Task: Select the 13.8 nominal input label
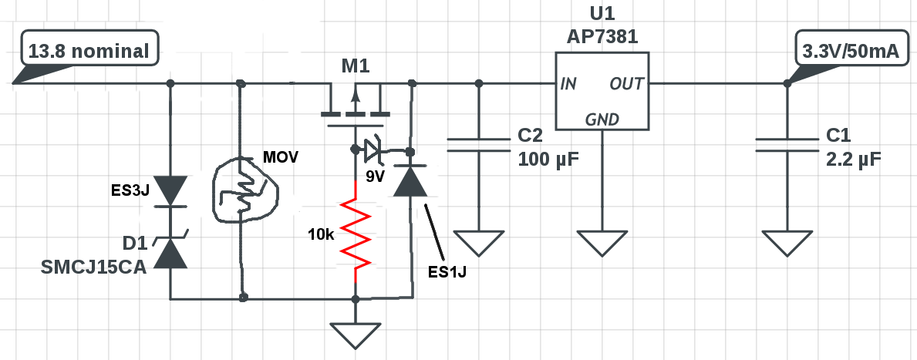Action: point(89,51)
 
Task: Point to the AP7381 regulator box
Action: point(602,91)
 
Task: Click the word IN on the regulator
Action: point(568,84)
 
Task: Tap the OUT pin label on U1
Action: point(627,84)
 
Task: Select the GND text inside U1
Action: point(602,119)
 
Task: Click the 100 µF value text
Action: point(548,159)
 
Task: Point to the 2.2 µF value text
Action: point(853,159)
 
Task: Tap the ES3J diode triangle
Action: point(170,192)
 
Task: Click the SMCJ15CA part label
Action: point(93,267)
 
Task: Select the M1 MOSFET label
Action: point(356,66)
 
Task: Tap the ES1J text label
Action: point(447,272)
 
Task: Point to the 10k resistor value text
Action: point(321,235)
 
